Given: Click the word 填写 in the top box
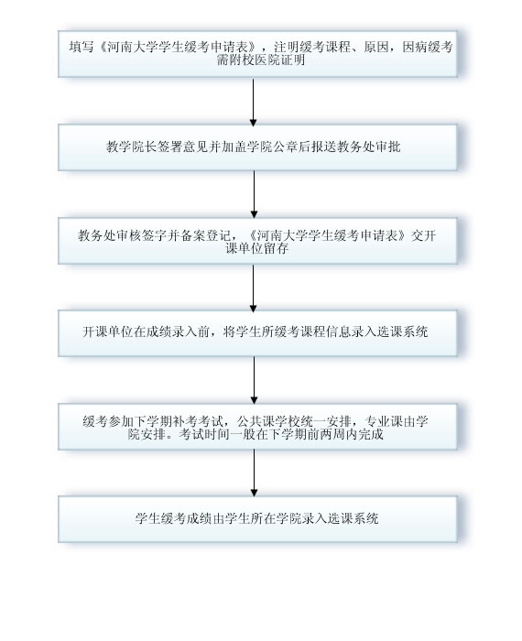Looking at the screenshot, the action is (x=82, y=47).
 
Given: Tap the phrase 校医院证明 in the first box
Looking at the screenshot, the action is (x=273, y=60).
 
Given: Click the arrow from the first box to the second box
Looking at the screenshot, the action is (x=253, y=103).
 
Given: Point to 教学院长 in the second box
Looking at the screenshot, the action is (x=132, y=147).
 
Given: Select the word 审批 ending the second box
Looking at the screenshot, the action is (x=387, y=147).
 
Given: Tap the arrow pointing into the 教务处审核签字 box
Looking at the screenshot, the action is (x=254, y=194).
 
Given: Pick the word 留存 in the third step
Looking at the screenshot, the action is (x=276, y=248).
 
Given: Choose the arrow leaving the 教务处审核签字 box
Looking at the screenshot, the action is (x=253, y=288).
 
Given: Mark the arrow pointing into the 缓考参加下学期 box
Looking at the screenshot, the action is (x=254, y=380).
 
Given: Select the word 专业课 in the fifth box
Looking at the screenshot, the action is (x=384, y=421).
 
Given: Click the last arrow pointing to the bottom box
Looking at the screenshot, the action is (x=254, y=473).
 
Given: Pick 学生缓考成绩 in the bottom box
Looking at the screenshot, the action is (x=173, y=519).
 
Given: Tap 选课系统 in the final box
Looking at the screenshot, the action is (x=353, y=519).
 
